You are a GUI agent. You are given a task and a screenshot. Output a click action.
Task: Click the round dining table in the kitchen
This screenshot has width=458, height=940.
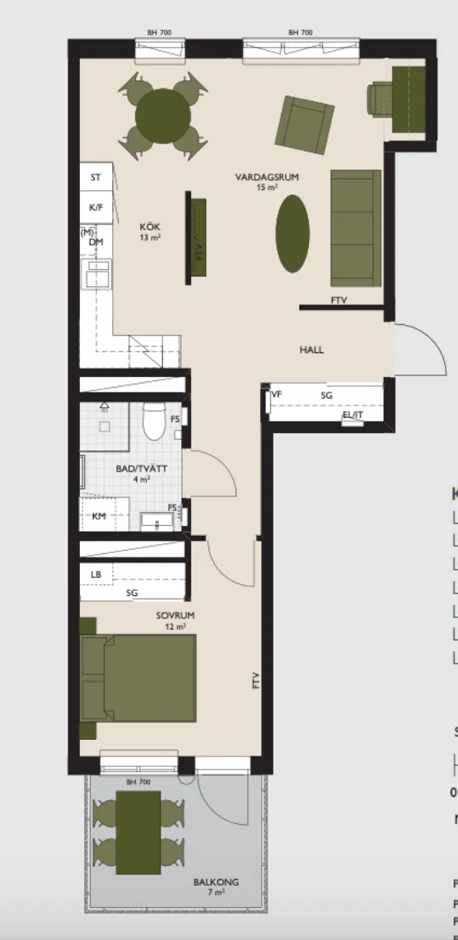pos(161,115)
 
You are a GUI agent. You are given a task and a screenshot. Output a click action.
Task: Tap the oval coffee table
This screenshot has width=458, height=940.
pos(293,232)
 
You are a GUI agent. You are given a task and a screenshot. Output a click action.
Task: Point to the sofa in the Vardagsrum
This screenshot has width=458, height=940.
pos(355,227)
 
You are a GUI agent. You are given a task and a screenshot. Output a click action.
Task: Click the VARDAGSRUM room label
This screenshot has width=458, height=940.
pos(266,177)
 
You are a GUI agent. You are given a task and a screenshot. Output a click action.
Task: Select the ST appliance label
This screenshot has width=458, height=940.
pos(96,177)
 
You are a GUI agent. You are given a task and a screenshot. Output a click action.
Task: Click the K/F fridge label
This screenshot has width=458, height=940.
pos(96,207)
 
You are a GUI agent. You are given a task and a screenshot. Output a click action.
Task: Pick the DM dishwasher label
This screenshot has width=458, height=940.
pos(96,242)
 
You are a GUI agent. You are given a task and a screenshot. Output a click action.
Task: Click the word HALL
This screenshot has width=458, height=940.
pos(311,350)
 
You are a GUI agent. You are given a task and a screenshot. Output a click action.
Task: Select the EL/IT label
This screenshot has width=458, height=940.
pos(353,415)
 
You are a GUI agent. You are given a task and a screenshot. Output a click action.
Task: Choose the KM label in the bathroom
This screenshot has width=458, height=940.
pos(99,515)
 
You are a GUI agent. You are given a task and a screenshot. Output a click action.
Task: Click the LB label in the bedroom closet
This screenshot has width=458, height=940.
pos(96,574)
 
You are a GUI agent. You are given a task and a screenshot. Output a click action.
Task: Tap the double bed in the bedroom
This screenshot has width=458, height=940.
pos(138,677)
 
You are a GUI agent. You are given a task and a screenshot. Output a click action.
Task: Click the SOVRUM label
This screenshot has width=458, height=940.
pos(171,615)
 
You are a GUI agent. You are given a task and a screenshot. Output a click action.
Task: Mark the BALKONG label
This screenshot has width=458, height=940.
pos(216,882)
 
